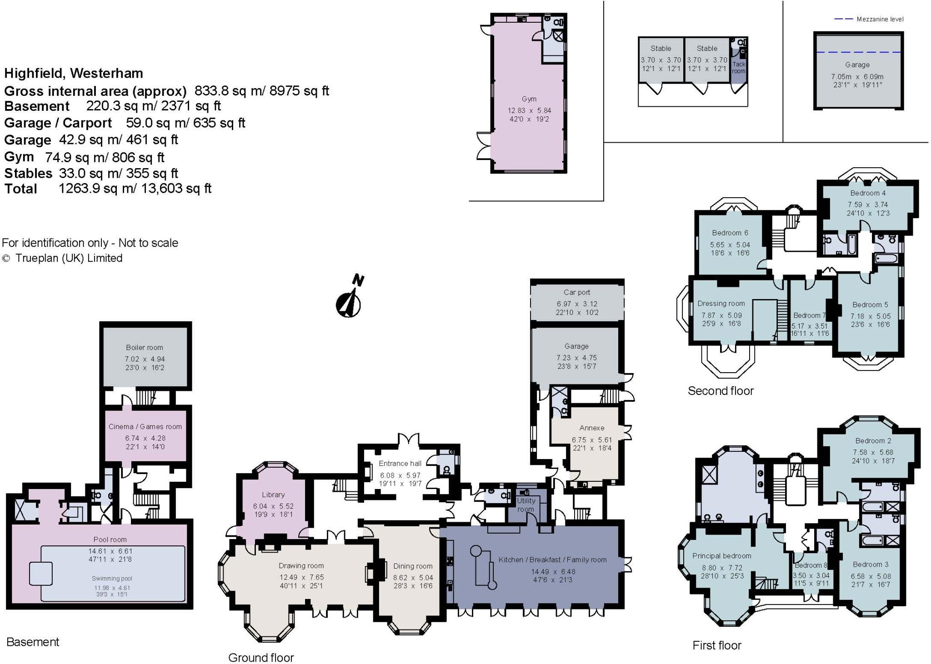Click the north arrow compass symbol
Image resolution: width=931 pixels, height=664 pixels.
(x=349, y=303)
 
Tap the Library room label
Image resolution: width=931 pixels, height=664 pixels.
(x=273, y=494)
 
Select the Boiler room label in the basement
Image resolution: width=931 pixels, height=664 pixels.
(x=144, y=347)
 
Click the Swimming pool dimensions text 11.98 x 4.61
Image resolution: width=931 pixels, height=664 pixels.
(x=112, y=588)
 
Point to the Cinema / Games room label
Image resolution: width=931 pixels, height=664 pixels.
(x=145, y=426)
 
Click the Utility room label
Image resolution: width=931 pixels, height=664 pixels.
(x=526, y=504)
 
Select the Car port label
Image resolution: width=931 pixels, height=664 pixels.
(x=576, y=292)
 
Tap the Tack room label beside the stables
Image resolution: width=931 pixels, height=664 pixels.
(x=738, y=67)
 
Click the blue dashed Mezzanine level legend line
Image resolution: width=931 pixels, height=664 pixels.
(x=843, y=19)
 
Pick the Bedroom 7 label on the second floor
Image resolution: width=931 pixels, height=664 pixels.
(x=809, y=315)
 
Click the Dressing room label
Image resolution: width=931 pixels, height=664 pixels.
(x=721, y=304)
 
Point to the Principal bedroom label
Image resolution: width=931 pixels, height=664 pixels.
(x=721, y=555)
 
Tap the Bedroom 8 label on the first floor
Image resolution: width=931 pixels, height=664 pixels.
(x=811, y=565)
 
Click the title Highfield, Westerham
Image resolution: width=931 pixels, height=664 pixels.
(x=74, y=73)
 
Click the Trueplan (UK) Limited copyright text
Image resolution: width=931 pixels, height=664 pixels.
(x=69, y=258)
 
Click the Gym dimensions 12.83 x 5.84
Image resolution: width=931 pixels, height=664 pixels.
(x=529, y=110)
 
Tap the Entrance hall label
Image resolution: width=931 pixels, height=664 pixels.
(x=400, y=463)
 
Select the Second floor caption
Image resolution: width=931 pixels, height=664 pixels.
(x=720, y=391)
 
